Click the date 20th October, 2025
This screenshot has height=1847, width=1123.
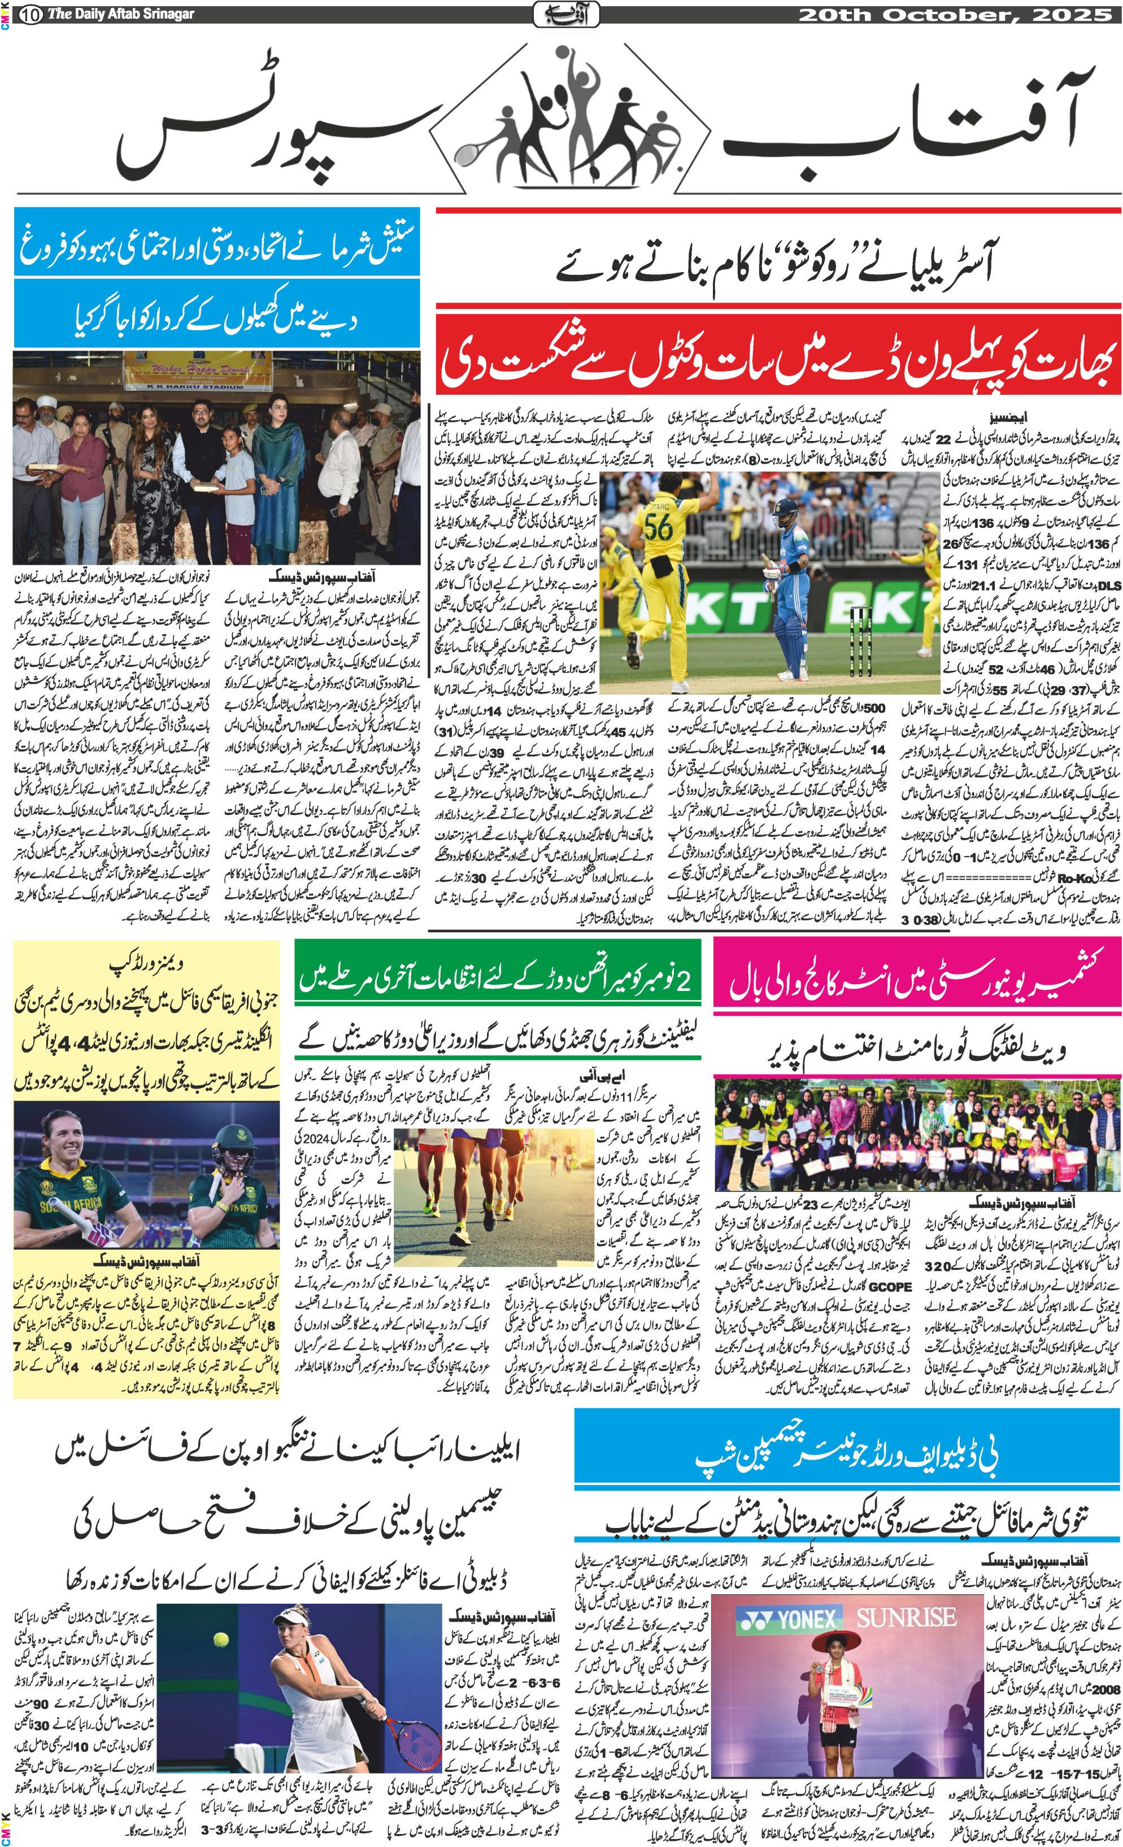(x=954, y=14)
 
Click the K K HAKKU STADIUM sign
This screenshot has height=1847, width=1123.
(x=193, y=386)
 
